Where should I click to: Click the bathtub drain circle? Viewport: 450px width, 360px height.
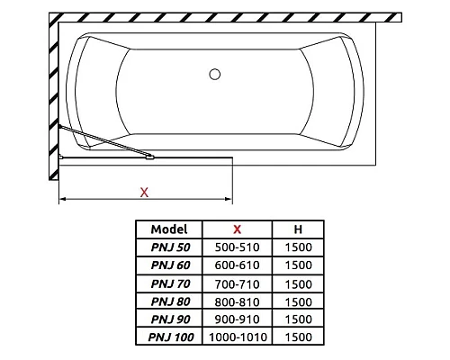click(215, 75)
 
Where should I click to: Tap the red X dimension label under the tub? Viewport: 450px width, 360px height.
click(144, 191)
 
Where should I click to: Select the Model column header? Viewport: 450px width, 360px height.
click(168, 229)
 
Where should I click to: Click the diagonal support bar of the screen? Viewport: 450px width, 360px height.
click(103, 143)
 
